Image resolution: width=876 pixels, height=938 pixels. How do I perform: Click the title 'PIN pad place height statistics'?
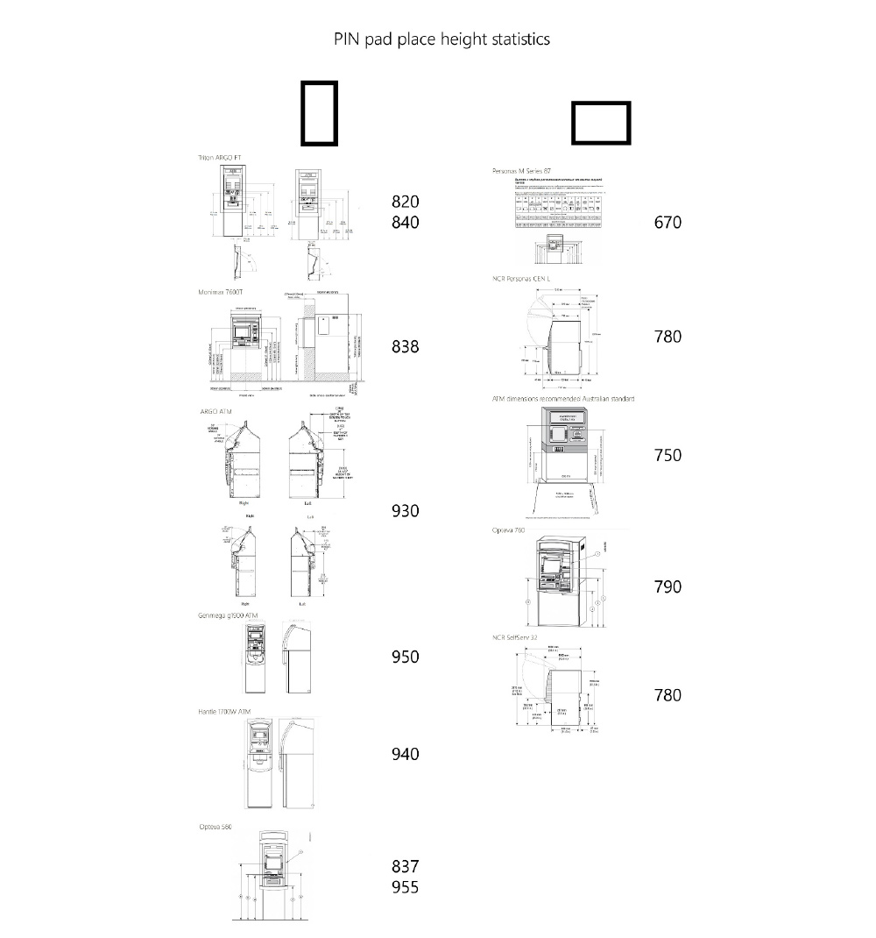point(442,39)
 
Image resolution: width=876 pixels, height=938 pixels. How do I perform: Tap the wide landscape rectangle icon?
point(601,123)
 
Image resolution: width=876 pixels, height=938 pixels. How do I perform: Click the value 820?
point(405,202)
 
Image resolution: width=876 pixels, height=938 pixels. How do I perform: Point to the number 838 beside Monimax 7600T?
point(405,347)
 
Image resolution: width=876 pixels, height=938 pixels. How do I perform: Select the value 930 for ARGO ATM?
point(405,511)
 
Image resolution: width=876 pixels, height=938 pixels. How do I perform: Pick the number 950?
point(405,657)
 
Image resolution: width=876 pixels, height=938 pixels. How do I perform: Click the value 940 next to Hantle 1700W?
point(405,754)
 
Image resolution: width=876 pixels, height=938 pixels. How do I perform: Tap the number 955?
point(405,887)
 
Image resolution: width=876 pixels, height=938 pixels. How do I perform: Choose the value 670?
point(668,223)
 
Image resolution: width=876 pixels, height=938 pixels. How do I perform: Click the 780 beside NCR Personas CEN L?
point(668,337)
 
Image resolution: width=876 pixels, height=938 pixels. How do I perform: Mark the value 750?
point(668,455)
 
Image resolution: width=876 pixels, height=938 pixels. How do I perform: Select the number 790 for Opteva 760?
point(668,586)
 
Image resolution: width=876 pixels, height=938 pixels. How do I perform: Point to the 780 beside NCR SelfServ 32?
point(668,695)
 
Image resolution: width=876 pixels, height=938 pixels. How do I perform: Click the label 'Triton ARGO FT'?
point(220,158)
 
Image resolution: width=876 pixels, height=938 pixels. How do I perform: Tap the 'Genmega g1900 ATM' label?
point(229,616)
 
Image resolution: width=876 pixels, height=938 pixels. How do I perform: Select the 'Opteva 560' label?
point(215,827)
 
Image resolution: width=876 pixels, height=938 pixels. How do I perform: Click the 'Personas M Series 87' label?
point(522,170)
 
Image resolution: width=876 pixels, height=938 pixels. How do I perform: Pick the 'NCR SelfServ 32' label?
point(515,637)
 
